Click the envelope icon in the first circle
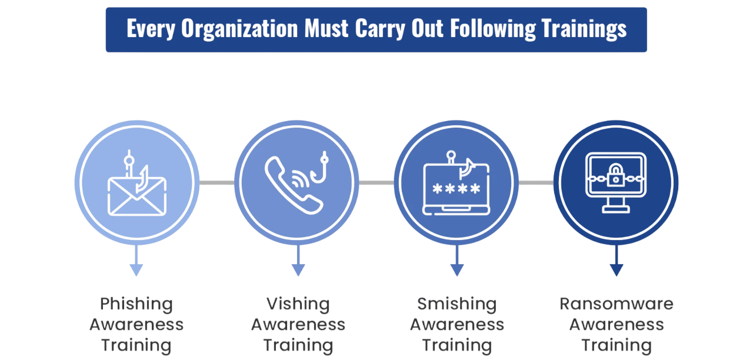click(136, 196)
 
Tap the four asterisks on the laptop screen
click(457, 189)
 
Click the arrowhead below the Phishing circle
click(136, 270)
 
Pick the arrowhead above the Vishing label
click(298, 270)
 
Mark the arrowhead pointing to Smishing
click(457, 270)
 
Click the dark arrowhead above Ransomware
click(616, 270)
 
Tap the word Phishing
click(136, 304)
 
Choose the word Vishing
click(298, 304)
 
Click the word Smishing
click(457, 304)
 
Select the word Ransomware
click(616, 304)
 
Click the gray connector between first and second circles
click(216, 182)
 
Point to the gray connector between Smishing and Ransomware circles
click(536, 182)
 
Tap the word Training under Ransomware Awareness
click(616, 345)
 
